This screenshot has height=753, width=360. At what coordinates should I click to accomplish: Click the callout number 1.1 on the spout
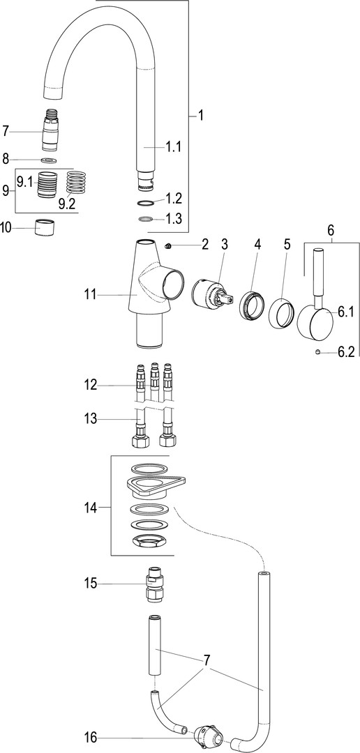point(173,147)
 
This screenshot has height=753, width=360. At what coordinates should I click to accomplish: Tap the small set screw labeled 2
point(168,246)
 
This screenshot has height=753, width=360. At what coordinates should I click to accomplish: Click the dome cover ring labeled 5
point(280,314)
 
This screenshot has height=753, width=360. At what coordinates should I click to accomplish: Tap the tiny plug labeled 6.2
point(317,353)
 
